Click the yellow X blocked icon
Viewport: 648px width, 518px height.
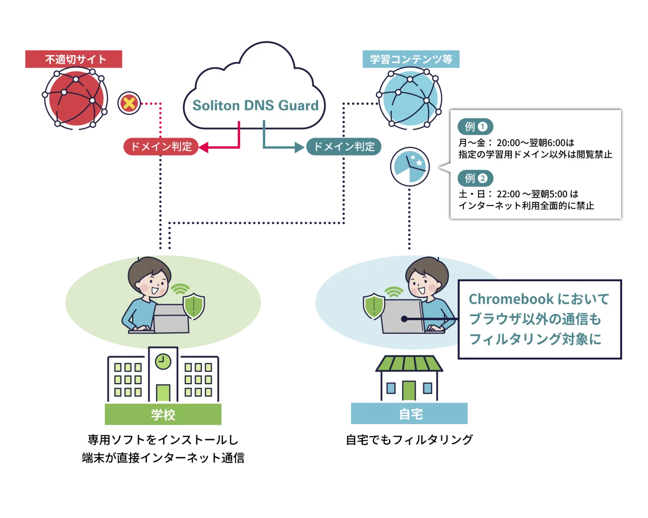pyautogui.click(x=129, y=103)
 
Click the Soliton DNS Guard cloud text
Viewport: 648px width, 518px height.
pyautogui.click(x=255, y=105)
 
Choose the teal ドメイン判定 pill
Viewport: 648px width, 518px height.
pyautogui.click(x=345, y=146)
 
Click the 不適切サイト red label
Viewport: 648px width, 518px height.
pyautogui.click(x=73, y=59)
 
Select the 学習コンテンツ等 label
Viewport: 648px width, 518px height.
pyautogui.click(x=410, y=59)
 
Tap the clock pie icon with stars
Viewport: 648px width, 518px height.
pyautogui.click(x=410, y=167)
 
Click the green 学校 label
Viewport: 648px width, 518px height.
pyautogui.click(x=164, y=415)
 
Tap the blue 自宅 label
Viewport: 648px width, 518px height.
pyautogui.click(x=410, y=415)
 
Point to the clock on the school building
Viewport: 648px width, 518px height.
pyautogui.click(x=163, y=360)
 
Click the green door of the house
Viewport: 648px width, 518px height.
pyautogui.click(x=409, y=391)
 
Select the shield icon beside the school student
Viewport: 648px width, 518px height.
pyautogui.click(x=193, y=306)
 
